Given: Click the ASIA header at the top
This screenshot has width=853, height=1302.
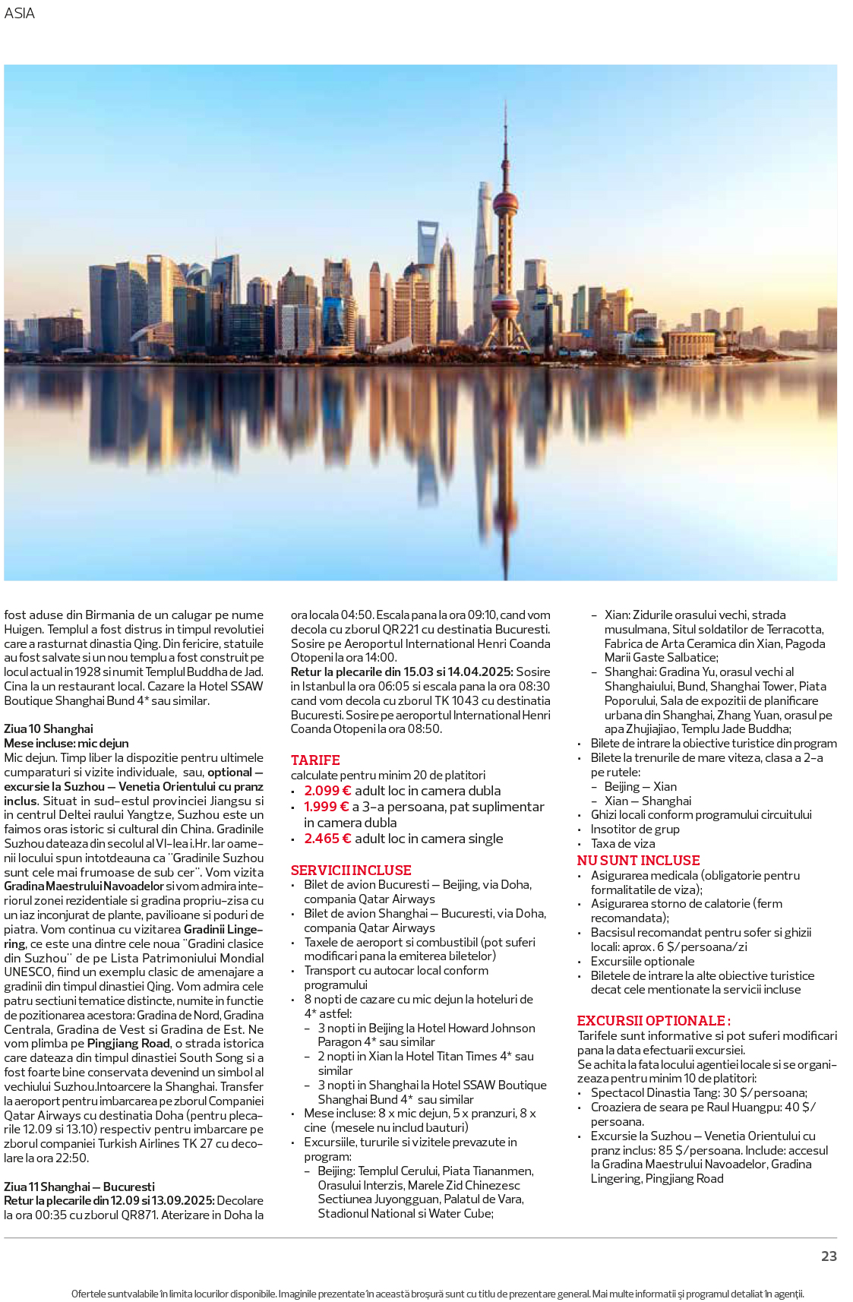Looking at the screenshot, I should tap(20, 14).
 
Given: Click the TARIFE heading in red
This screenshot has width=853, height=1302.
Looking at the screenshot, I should tap(315, 760).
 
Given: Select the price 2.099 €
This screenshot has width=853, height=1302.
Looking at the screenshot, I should tap(327, 791).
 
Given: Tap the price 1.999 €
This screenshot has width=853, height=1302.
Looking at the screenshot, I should tap(327, 807).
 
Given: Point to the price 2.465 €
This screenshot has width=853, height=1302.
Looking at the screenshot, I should tap(327, 839).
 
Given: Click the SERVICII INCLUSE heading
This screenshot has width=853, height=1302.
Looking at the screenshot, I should tap(351, 871).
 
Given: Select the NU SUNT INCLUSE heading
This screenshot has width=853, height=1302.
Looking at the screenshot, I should tap(638, 860).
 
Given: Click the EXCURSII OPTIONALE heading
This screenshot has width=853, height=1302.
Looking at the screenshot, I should tap(653, 1021).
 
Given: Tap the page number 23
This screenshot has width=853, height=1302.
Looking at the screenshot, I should tap(829, 1256).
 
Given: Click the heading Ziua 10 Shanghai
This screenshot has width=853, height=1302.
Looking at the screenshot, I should tap(49, 728).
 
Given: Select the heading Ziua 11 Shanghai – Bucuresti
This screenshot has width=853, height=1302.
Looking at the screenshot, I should tap(79, 1187).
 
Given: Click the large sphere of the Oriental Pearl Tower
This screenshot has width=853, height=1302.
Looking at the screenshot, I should tap(505, 204).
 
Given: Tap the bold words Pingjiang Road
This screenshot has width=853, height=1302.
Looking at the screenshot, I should tap(128, 1044).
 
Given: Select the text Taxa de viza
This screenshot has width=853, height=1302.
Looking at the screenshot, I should tap(623, 843).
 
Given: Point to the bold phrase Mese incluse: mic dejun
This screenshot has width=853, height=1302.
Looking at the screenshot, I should tap(66, 743).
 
